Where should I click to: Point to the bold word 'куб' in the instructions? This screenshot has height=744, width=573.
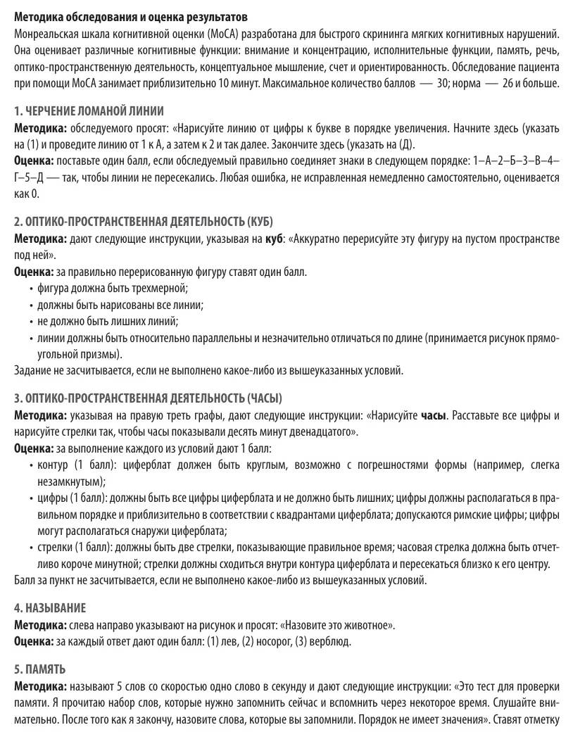[x=274, y=240]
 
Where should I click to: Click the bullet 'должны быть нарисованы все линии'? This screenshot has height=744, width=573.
[x=120, y=304]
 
